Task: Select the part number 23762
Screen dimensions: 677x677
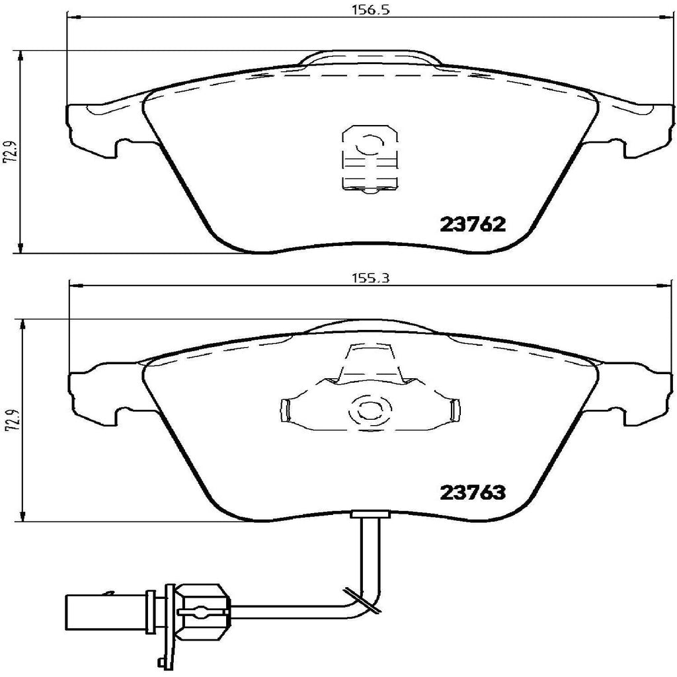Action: [473, 225]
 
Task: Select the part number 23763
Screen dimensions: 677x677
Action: [473, 492]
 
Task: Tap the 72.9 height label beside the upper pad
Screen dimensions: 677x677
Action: [9, 152]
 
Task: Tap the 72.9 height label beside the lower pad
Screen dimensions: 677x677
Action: [9, 420]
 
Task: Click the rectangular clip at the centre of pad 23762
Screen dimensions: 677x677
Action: [368, 158]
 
